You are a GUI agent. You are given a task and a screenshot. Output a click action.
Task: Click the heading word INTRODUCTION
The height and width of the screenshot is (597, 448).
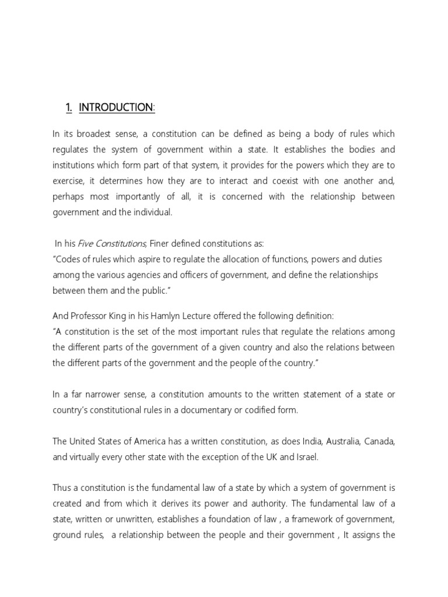(x=116, y=107)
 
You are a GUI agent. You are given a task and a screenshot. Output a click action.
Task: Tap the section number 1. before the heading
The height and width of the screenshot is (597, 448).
(x=69, y=107)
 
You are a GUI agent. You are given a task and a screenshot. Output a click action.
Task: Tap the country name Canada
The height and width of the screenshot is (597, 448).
(x=380, y=441)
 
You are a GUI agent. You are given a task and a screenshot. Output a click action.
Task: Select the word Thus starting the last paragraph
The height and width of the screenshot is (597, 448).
(x=62, y=488)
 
